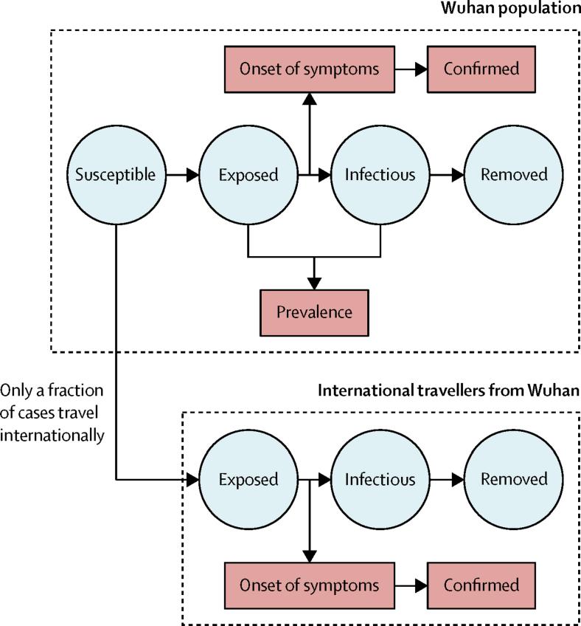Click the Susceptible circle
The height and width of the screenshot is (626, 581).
(116, 175)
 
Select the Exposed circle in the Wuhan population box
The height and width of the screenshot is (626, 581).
(248, 175)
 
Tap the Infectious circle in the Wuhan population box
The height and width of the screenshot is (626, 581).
(380, 175)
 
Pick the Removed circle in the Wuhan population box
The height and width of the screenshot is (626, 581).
(514, 175)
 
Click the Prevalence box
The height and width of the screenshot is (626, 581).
(314, 312)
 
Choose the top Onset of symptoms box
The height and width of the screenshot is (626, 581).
(310, 69)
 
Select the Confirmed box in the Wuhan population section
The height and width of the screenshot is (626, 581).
(481, 69)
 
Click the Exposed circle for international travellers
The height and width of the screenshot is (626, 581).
(248, 480)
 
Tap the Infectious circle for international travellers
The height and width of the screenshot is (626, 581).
(380, 480)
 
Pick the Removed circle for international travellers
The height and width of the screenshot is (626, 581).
(514, 480)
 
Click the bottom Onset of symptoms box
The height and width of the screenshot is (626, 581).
(310, 585)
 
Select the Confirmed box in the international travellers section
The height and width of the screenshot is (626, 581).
(481, 585)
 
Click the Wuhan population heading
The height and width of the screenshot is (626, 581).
(511, 8)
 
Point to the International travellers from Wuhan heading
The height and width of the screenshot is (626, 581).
(448, 390)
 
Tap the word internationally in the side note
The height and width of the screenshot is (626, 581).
(52, 435)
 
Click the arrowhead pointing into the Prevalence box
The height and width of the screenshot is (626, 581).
(314, 283)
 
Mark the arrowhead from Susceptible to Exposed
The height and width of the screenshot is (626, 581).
(192, 175)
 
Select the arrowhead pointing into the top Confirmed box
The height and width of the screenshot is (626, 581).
(421, 69)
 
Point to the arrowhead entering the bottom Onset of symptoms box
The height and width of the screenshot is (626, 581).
(310, 557)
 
